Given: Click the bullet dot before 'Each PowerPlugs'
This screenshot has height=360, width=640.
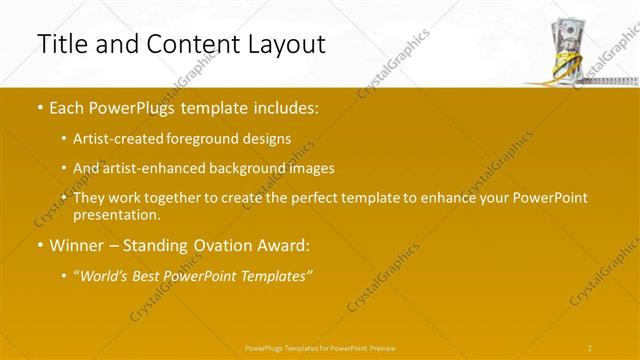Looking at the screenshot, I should click(x=39, y=109).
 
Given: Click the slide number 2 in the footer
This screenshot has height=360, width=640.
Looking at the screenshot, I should click(x=590, y=347).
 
